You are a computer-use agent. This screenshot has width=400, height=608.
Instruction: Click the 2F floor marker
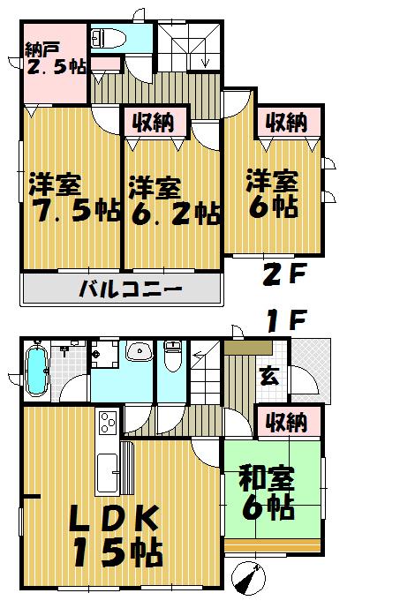tap(285, 274)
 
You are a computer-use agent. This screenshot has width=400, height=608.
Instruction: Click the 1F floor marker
tap(284, 321)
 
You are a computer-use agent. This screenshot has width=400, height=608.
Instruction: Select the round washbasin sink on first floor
tap(139, 354)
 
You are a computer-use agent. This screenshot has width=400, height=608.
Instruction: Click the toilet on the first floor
tap(173, 358)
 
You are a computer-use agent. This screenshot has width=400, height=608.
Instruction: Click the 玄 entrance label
tap(268, 376)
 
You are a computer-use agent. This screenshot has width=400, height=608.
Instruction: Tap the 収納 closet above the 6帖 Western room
tap(283, 120)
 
